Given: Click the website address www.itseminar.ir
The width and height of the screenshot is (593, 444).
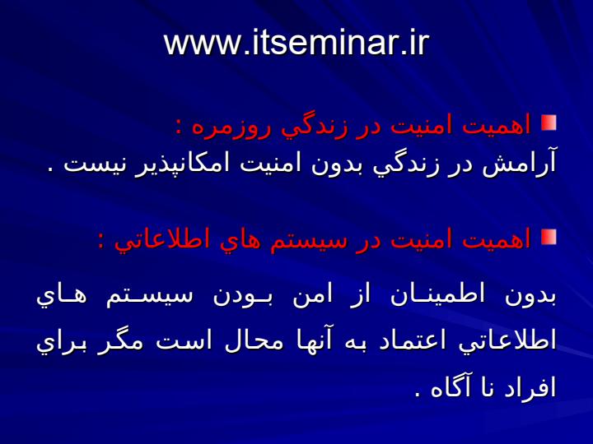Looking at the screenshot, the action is click(296, 43).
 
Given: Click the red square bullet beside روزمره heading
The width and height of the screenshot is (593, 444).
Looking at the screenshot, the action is click(549, 123).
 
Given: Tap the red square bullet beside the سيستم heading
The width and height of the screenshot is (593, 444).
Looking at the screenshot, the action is click(549, 237).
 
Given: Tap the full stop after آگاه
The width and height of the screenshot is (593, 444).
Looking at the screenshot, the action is click(418, 395).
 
